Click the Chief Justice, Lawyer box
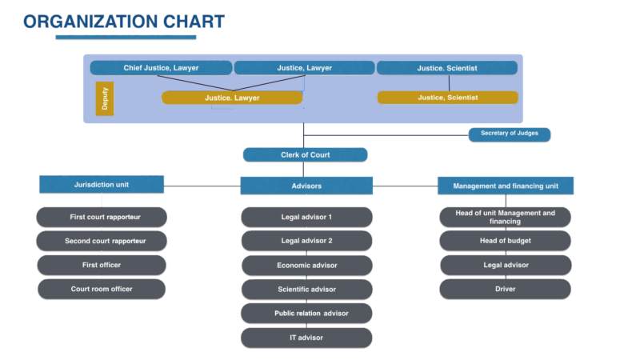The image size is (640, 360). [161, 68]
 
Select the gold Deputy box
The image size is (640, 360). [105, 98]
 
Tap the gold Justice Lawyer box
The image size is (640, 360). [232, 98]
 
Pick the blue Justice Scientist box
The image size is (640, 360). [447, 68]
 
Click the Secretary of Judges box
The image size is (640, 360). [510, 134]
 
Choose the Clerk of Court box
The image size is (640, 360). [306, 154]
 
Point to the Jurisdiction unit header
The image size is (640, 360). [102, 185]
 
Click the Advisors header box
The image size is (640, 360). [306, 186]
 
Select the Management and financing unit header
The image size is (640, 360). [505, 186]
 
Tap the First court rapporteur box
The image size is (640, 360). [102, 217]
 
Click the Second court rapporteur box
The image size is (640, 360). [102, 241]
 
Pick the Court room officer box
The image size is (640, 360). [102, 289]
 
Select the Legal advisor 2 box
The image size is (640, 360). [306, 241]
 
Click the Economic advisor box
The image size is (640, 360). [306, 265]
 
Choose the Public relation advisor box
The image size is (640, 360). [306, 313]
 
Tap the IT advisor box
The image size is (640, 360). [306, 338]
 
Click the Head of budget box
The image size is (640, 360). [505, 241]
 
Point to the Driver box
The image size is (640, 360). [505, 289]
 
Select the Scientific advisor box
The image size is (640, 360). [306, 289]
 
